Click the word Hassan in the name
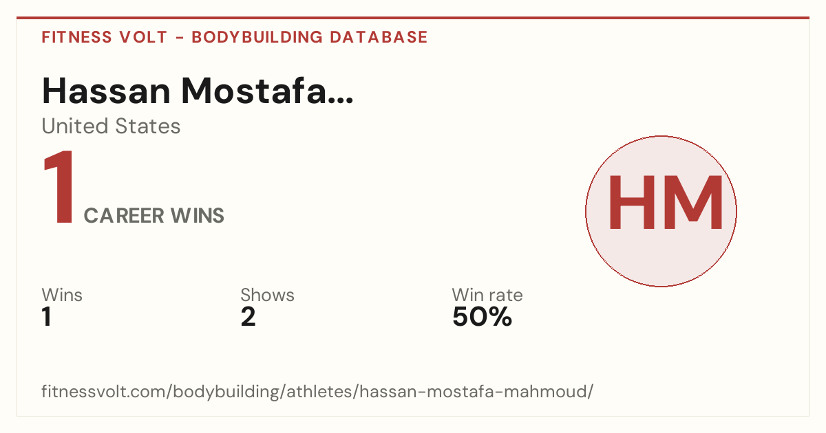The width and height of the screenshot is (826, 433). pos(106,91)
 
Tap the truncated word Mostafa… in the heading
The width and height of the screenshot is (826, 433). pos(267,91)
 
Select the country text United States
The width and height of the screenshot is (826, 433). pos(111,126)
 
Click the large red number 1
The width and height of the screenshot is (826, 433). pos(59,187)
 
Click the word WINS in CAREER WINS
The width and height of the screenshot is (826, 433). pos(198,216)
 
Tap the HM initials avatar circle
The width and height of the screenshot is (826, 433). pos(661,212)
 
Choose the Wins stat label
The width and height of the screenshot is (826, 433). pos(62,295)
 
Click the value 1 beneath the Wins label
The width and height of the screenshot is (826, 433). pos(47,317)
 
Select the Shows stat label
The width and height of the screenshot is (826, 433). pos(267,295)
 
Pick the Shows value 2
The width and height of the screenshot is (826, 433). pos(248,317)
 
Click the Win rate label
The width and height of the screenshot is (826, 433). pos(487,295)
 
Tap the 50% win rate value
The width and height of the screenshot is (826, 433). pos(483,317)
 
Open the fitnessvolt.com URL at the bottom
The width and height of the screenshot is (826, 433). pos(317,392)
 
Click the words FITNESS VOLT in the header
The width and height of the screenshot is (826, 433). pos(105,37)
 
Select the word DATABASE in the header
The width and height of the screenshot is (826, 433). pos(379,37)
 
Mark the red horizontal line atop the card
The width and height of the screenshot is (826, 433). pos(413,18)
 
